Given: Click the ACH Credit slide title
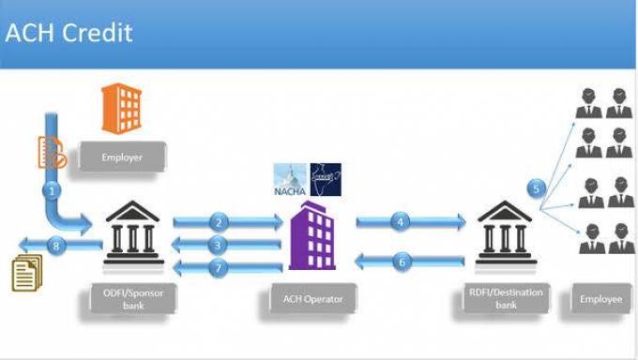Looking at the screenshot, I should [x=69, y=33].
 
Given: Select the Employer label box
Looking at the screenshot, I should [x=122, y=157].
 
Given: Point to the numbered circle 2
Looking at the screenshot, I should [x=219, y=222].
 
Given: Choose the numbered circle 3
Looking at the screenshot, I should [x=219, y=245].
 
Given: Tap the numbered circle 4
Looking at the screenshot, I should [x=402, y=222].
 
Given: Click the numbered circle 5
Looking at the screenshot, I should [x=537, y=188].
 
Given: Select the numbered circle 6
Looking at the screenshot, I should [x=403, y=262].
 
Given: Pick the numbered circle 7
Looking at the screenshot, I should [x=219, y=268].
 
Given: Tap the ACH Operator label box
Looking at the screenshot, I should [x=313, y=300].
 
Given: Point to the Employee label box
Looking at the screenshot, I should [x=600, y=299].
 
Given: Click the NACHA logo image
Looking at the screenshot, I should [x=292, y=180].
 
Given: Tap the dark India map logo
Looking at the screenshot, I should [x=325, y=179].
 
